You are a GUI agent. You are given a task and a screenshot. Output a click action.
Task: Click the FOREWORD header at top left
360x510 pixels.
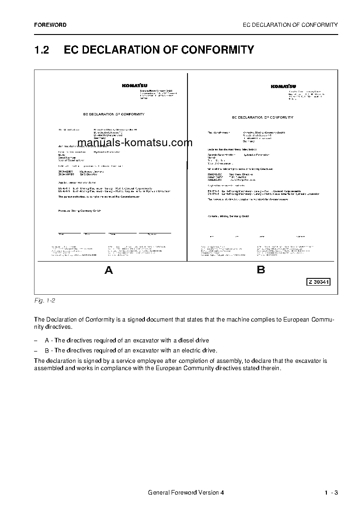(50, 25)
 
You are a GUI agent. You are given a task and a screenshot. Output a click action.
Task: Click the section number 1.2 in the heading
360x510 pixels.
(42, 50)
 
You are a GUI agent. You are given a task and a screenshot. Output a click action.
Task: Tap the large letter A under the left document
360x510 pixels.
(108, 271)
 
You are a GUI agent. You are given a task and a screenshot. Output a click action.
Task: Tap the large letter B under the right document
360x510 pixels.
(261, 270)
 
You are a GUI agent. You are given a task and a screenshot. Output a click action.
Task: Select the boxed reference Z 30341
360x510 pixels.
(318, 282)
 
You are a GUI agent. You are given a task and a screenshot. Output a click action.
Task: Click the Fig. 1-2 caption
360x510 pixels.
(44, 301)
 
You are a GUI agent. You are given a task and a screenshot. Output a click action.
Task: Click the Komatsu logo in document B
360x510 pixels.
(283, 86)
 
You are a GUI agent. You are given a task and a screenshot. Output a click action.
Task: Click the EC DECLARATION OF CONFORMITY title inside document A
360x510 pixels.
(114, 114)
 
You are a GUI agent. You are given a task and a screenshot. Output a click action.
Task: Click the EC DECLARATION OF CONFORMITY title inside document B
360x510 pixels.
(262, 117)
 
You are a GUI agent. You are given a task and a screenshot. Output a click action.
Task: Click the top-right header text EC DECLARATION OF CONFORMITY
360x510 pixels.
(291, 25)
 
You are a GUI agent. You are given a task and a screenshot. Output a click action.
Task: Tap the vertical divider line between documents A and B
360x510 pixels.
(187, 168)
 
